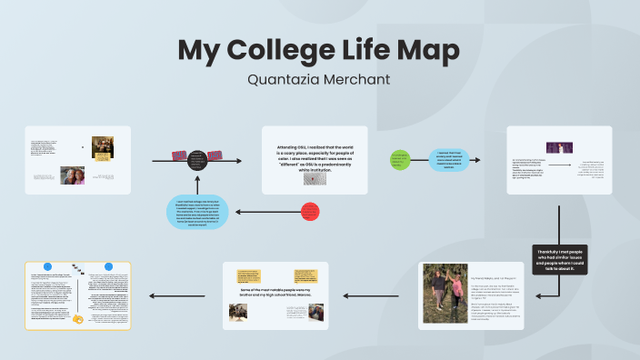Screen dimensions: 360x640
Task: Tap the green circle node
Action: coord(401,160)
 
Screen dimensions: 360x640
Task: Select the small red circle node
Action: coord(310,212)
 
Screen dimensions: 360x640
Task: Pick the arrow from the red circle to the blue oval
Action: coord(264,212)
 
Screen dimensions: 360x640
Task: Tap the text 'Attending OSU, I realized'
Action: coord(314,151)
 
